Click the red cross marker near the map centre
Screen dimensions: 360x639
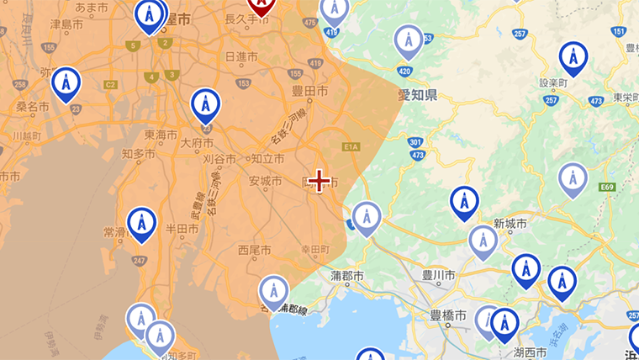(x=319, y=181)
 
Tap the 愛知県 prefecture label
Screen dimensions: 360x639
(x=419, y=94)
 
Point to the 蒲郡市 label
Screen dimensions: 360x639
(x=346, y=275)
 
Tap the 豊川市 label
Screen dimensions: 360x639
(x=437, y=275)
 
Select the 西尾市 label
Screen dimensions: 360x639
(x=254, y=250)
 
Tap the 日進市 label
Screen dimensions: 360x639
(x=241, y=56)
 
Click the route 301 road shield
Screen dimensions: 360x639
(x=415, y=142)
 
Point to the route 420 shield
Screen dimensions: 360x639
(x=405, y=71)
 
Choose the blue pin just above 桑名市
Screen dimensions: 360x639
(x=66, y=84)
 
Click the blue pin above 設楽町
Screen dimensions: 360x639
(x=573, y=58)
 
